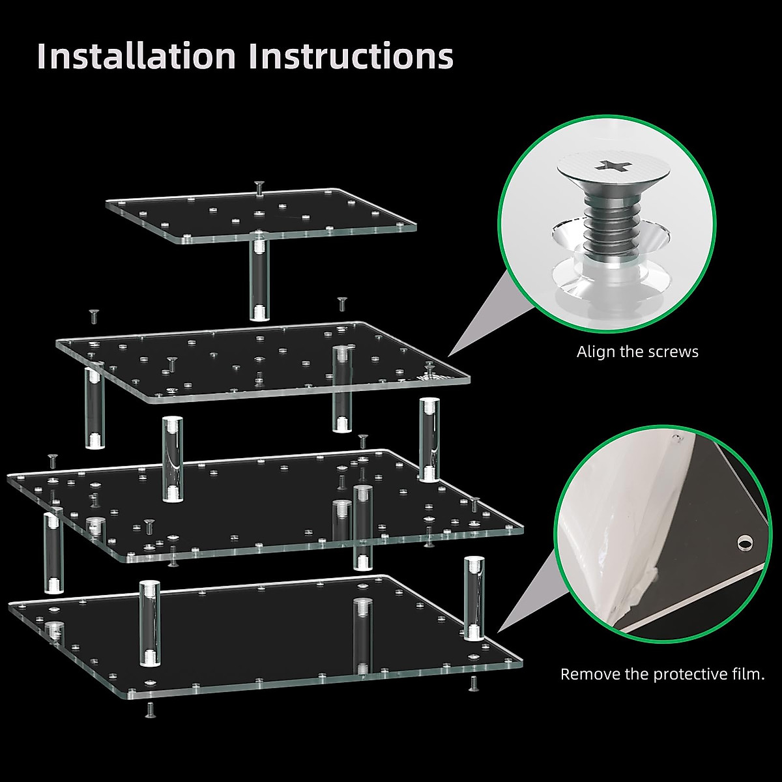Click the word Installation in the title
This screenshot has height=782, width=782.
[x=136, y=56]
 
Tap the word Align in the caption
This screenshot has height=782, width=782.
[x=596, y=352]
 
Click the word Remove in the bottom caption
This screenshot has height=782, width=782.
[x=590, y=674]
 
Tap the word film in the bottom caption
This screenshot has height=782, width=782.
[x=749, y=674]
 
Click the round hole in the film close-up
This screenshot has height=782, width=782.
[x=743, y=542]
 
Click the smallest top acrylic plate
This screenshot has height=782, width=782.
[x=261, y=215]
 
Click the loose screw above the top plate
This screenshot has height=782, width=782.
[x=259, y=188]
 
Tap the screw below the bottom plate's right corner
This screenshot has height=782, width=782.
[x=472, y=682]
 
